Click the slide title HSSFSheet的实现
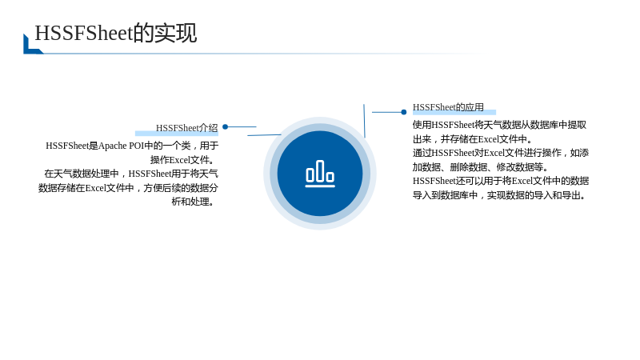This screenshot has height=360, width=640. [116, 33]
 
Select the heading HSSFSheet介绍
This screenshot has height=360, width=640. [186, 128]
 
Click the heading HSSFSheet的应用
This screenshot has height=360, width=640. [448, 107]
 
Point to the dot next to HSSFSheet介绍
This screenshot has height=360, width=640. [225, 127]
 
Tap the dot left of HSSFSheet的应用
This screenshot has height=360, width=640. [404, 112]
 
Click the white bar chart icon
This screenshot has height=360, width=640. [320, 174]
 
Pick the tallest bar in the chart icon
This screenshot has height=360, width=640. [320, 170]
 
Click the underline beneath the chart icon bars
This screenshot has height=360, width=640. [320, 186]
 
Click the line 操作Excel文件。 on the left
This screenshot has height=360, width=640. [182, 159]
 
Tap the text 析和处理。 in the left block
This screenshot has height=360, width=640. [193, 202]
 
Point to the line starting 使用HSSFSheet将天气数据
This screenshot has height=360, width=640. [499, 125]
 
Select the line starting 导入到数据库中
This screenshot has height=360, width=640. [500, 195]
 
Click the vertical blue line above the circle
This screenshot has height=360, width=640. [364, 121]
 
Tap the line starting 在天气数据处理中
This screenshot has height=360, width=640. [131, 174]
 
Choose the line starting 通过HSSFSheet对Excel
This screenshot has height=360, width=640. [501, 153]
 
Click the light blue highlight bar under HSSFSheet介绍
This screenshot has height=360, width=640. [177, 134]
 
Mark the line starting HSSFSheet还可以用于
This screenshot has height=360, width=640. [501, 181]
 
